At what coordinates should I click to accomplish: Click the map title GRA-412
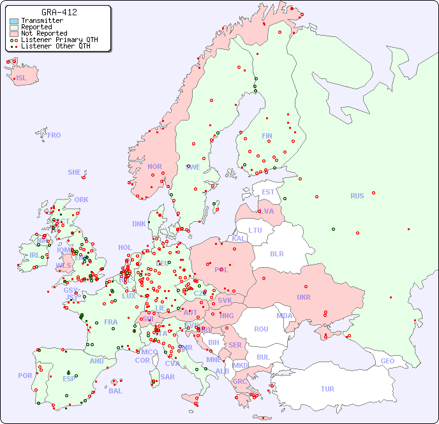tap(59, 12)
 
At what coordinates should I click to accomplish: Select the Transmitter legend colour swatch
tap(14, 21)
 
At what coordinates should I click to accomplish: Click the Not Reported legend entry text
tap(44, 33)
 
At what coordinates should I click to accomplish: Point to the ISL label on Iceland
tap(22, 78)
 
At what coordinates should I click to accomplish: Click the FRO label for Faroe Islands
tap(54, 135)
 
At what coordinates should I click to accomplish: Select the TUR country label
tap(327, 389)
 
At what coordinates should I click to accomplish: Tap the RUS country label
tap(357, 196)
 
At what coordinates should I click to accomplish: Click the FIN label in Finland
tap(267, 136)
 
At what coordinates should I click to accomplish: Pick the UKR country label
tap(304, 297)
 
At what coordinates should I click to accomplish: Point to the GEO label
tap(387, 361)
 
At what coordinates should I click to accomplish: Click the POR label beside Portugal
tap(25, 376)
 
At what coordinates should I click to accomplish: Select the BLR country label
tap(277, 253)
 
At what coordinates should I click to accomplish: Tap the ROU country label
tap(261, 329)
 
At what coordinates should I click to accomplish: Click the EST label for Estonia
tap(268, 192)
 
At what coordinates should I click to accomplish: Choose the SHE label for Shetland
tap(75, 172)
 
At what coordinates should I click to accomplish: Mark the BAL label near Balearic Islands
tap(115, 391)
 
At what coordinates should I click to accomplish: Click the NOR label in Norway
tap(154, 166)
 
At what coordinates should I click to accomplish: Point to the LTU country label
tap(255, 230)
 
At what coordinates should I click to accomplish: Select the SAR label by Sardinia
tap(167, 377)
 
